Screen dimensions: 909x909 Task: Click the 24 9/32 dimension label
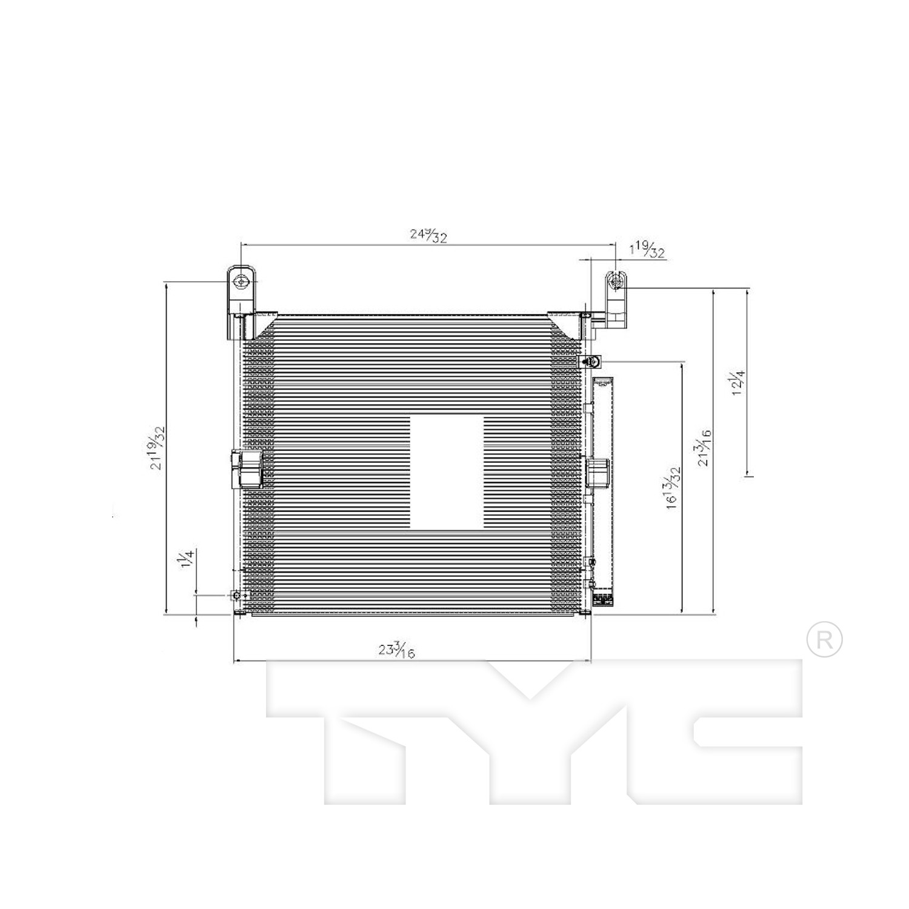pyautogui.click(x=428, y=234)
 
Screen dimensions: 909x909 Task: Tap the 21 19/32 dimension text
pyautogui.click(x=158, y=447)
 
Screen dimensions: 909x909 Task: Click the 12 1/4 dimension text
pyautogui.click(x=738, y=382)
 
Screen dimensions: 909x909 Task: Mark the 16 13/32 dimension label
pyautogui.click(x=673, y=487)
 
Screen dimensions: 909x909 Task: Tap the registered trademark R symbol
pyautogui.click(x=824, y=641)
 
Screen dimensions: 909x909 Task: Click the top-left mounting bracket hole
pyautogui.click(x=242, y=281)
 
